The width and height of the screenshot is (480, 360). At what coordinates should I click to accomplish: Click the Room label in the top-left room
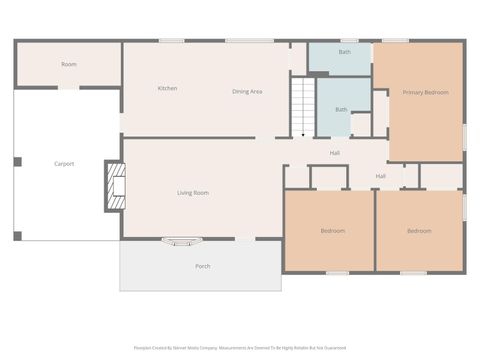(x=68, y=64)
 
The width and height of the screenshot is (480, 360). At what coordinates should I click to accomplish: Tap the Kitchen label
(x=167, y=88)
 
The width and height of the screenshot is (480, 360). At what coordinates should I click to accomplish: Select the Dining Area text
(x=247, y=91)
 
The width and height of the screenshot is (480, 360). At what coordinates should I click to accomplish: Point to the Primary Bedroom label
(x=425, y=92)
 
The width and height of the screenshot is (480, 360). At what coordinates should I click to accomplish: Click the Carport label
(x=64, y=163)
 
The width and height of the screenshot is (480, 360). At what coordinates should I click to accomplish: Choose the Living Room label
(x=192, y=192)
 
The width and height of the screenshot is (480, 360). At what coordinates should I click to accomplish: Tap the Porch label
(x=202, y=266)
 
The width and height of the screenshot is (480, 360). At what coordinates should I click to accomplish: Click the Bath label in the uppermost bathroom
(x=344, y=51)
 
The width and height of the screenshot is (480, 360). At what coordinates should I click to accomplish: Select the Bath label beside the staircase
(x=341, y=109)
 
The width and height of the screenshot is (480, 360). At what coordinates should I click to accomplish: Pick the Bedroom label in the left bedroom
(x=333, y=231)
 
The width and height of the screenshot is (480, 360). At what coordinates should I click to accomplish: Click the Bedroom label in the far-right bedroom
(x=419, y=231)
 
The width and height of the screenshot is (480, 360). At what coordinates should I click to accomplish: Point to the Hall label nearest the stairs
(x=335, y=153)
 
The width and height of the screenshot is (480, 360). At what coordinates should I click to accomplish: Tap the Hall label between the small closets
(x=381, y=176)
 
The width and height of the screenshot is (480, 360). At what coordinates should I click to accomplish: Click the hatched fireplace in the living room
(x=116, y=186)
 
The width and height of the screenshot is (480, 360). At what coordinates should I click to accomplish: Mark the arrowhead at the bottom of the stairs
(x=303, y=133)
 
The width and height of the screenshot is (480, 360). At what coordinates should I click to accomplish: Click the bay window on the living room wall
(x=181, y=241)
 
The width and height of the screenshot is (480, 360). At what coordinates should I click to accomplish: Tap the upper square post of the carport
(x=17, y=161)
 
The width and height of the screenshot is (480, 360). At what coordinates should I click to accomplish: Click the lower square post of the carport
(x=17, y=236)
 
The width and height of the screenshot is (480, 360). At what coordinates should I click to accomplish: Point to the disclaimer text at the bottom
(x=240, y=348)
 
